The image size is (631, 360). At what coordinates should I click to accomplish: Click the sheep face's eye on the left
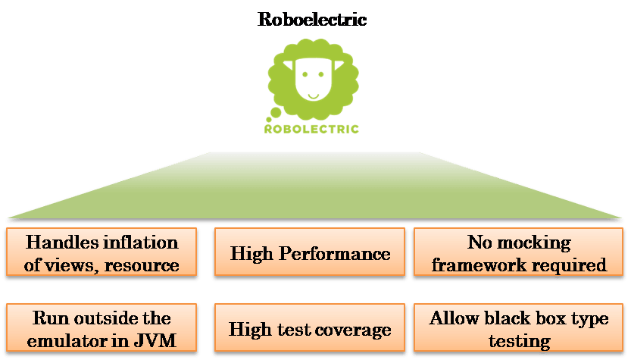click(x=302, y=75)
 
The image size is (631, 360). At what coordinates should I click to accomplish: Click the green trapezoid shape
click(x=314, y=186)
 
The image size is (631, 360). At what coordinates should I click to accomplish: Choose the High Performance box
click(x=310, y=253)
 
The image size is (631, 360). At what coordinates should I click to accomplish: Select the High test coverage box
click(x=310, y=330)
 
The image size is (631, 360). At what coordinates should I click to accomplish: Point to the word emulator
click(x=67, y=340)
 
